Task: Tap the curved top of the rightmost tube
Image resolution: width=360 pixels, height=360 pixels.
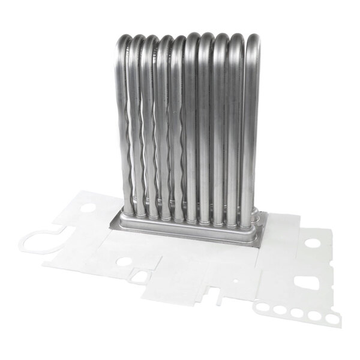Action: (x=253, y=39)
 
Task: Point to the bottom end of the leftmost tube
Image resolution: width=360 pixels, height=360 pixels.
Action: (x=128, y=211)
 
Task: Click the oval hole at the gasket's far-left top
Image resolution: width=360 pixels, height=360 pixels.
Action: (x=89, y=208)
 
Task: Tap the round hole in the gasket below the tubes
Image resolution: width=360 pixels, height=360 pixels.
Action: (x=124, y=262)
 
